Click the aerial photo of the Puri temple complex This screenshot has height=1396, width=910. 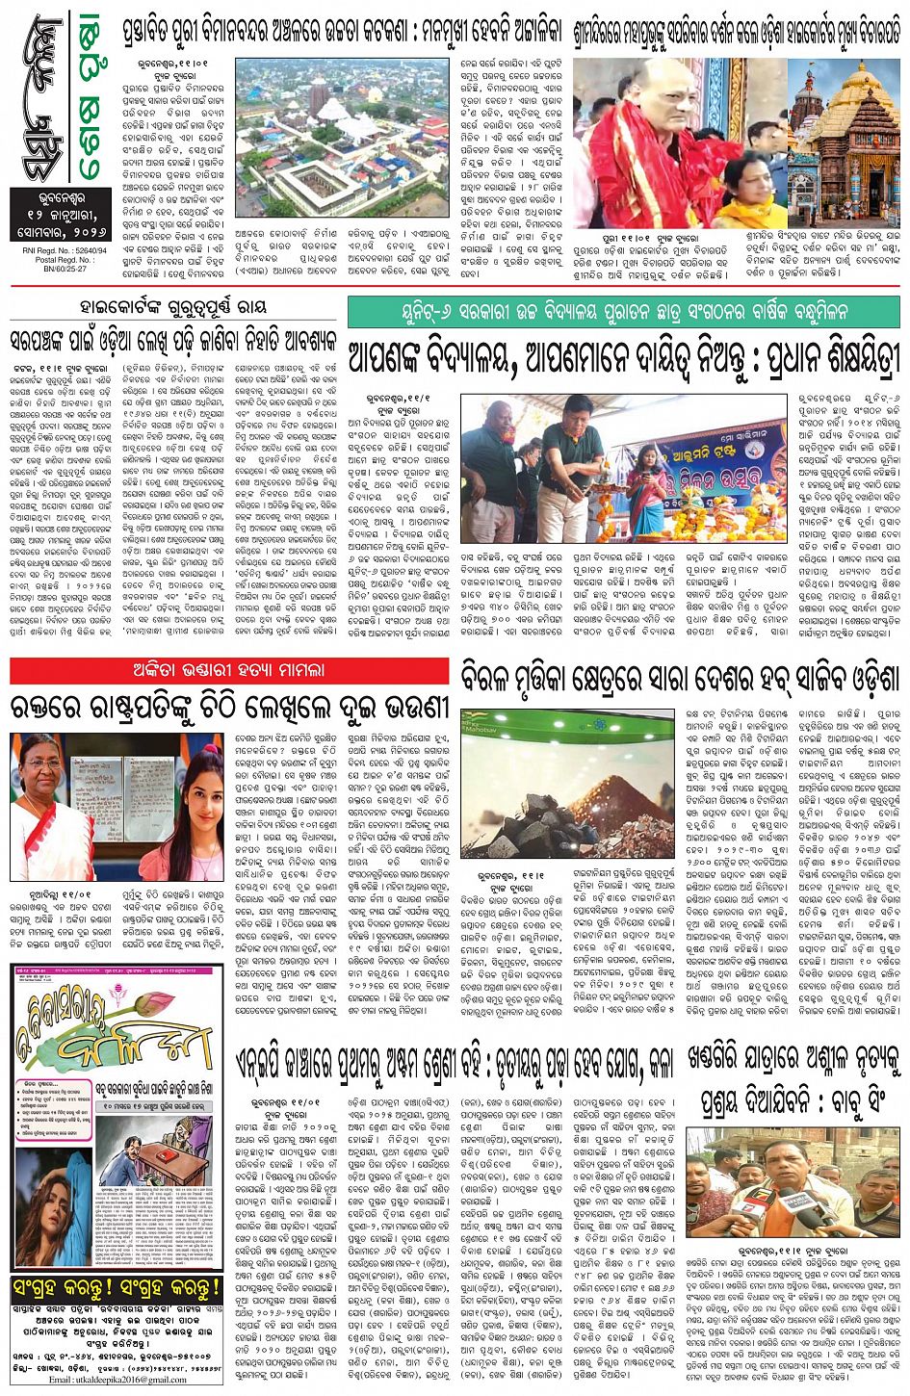click(342, 140)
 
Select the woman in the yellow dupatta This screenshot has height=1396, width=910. click(741, 193)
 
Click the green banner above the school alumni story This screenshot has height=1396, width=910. click(624, 312)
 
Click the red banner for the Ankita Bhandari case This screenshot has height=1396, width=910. click(228, 668)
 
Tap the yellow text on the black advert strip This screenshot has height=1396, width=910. click(117, 1286)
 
